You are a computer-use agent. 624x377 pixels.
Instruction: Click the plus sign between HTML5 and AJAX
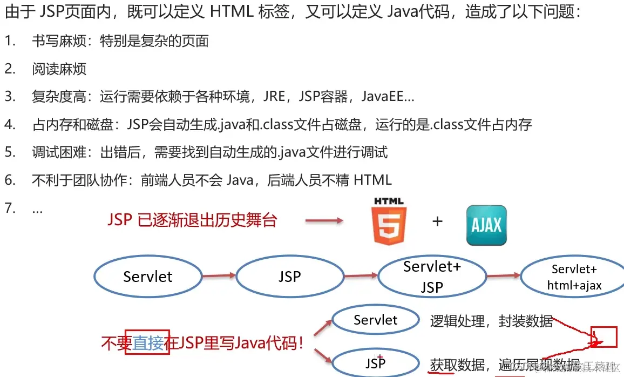coord(437,221)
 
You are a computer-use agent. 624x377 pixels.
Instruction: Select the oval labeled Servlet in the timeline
coord(147,277)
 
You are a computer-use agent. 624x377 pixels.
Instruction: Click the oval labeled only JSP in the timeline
coord(289,277)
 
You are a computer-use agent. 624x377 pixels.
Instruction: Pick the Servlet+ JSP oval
coord(432,277)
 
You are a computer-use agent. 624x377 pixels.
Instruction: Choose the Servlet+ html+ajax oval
coord(574,277)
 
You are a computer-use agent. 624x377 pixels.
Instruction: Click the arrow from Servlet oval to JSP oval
coord(219,276)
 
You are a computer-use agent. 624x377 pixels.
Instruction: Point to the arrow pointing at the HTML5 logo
coord(324,220)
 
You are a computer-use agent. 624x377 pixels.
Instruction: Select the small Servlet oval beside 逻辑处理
coord(375,320)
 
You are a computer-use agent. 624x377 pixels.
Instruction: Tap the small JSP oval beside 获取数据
coord(375,362)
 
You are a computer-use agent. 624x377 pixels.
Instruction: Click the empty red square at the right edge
coord(603,336)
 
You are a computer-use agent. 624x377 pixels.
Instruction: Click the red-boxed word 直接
coord(147,342)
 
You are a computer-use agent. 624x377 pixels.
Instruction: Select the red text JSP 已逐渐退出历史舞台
coord(192,220)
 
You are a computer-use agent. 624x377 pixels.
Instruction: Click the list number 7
coord(9,208)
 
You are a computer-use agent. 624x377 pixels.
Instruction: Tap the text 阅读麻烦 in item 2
coord(59,69)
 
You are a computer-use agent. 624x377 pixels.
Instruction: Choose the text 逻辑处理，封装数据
coord(491,321)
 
